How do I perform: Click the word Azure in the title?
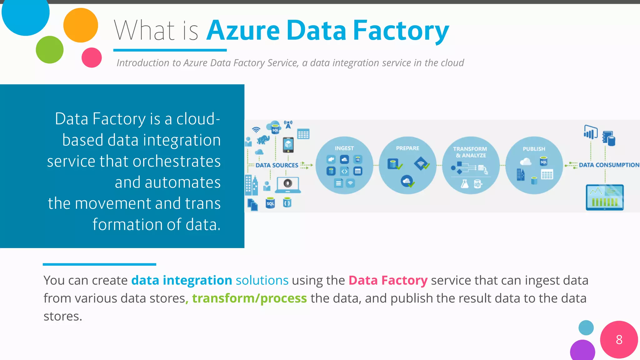click(x=243, y=31)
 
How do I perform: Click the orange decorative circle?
click(x=81, y=25)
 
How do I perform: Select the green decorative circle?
click(x=50, y=50)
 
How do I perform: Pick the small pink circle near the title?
click(x=92, y=57)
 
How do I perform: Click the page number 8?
click(x=619, y=340)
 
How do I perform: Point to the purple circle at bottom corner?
click(x=582, y=351)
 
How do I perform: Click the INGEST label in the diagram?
click(x=344, y=148)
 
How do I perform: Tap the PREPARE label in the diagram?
click(x=407, y=148)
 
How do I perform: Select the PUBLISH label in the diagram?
click(x=534, y=149)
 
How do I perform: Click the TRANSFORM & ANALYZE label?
click(x=470, y=152)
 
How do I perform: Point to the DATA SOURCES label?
click(x=277, y=165)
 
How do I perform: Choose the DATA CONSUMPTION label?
click(x=609, y=165)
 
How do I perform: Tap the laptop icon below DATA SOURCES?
click(x=288, y=185)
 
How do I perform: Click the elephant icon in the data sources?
click(x=263, y=140)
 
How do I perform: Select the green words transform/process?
click(x=249, y=298)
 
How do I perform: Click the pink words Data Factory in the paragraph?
click(x=388, y=280)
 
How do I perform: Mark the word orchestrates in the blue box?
click(x=177, y=161)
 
